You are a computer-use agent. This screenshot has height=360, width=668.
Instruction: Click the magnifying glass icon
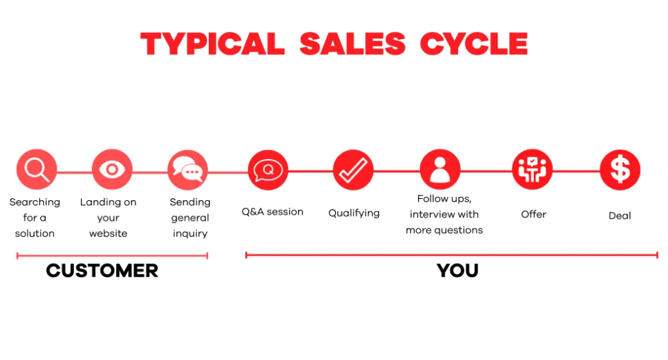coord(37,170)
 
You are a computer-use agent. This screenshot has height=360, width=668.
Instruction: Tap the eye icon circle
coord(112,170)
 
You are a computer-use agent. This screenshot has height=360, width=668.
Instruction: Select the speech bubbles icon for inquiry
coord(188,170)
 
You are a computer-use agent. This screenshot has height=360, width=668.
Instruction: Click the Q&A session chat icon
coord(268,170)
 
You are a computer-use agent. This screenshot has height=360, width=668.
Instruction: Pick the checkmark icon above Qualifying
coord(354,170)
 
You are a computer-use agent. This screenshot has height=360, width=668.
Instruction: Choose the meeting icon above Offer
coord(532,170)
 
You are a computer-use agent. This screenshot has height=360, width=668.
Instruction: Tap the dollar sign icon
coord(620,170)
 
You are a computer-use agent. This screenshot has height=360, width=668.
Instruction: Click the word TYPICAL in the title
coord(213,44)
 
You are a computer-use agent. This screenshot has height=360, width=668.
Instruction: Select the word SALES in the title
coord(352,44)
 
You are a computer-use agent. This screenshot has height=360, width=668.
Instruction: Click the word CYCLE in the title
coord(474,44)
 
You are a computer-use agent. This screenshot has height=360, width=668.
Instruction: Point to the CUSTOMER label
coord(102,271)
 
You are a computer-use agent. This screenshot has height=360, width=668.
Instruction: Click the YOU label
coord(457,271)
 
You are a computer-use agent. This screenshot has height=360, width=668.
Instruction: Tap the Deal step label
coord(620,215)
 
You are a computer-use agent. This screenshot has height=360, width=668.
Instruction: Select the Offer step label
coord(534,214)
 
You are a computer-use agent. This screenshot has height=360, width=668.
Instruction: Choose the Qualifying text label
coord(354,213)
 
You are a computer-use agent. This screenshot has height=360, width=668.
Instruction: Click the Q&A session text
coord(273,212)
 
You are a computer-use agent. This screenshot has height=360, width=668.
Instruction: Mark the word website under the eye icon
coord(108,233)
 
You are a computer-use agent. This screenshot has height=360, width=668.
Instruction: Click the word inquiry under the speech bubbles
coord(190,233)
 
